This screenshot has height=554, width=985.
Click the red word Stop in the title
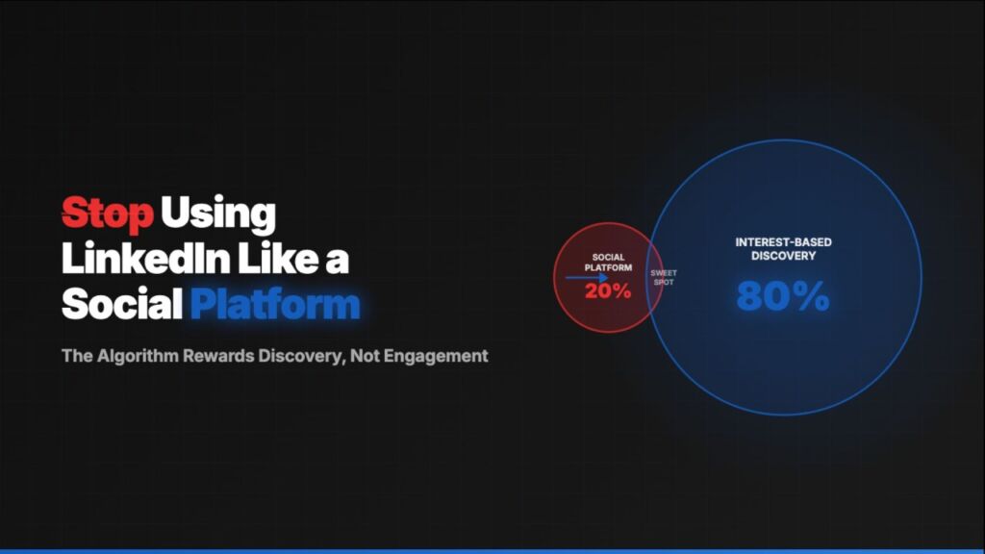point(108,213)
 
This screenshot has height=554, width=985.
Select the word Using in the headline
point(218,213)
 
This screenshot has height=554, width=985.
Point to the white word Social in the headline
point(122,304)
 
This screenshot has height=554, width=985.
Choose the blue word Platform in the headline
point(275,304)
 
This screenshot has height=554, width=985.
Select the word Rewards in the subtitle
point(217,356)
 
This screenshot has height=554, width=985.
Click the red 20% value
point(608,290)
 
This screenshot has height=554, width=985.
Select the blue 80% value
point(783,297)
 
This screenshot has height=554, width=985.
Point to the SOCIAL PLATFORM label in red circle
point(608,263)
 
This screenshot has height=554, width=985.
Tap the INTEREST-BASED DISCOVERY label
point(783,249)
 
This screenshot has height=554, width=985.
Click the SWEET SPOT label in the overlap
point(664,278)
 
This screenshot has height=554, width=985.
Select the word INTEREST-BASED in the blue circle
point(783,242)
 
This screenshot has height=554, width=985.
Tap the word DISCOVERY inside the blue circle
point(783,256)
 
